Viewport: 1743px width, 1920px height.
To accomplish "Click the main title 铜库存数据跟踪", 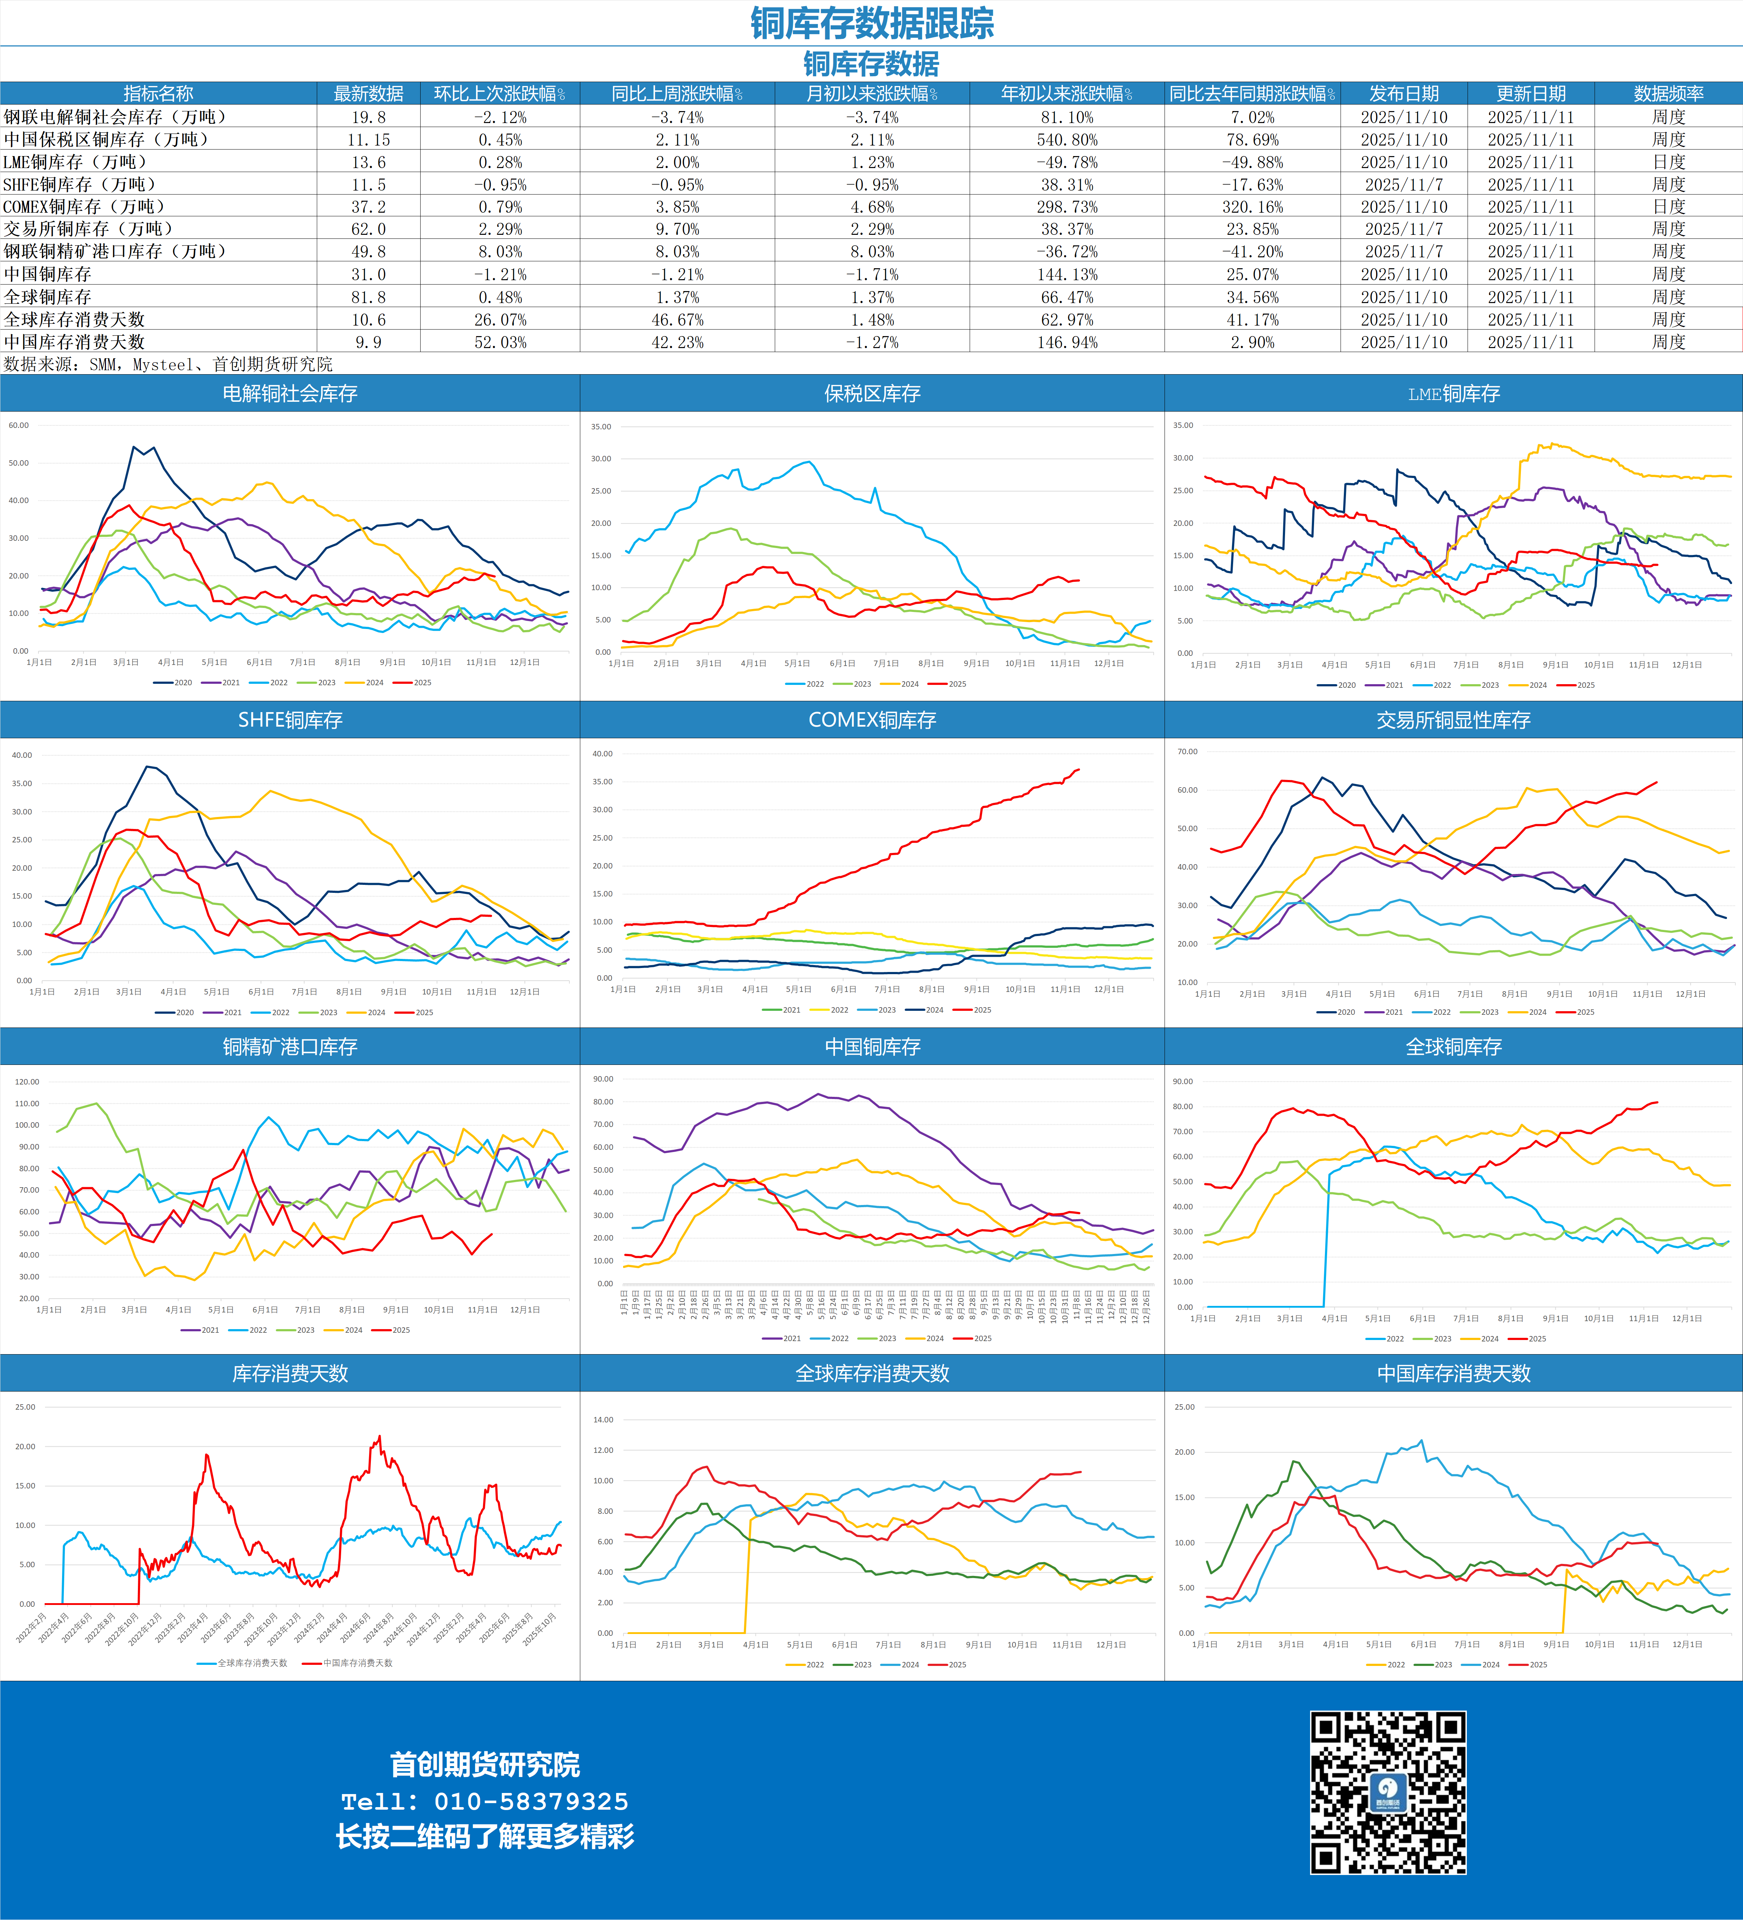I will pyautogui.click(x=872, y=23).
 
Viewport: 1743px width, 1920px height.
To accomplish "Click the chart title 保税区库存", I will pyautogui.click(x=872, y=393).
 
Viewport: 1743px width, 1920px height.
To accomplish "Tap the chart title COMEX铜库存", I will pyautogui.click(x=872, y=720).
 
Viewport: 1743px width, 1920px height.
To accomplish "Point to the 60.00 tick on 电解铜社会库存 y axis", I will pyautogui.click(x=19, y=425).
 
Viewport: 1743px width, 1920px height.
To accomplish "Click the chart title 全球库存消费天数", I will pyautogui.click(x=872, y=1373).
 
